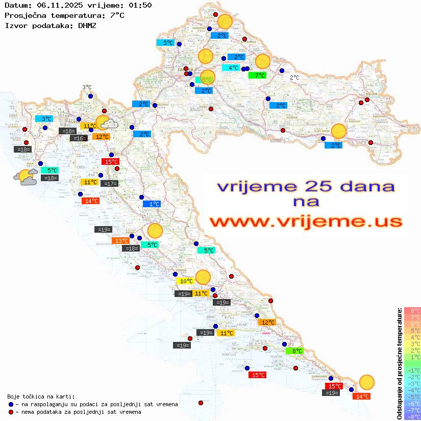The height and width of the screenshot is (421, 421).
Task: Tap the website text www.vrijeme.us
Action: [305, 221]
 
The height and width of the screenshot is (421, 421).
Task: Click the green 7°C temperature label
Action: [257, 76]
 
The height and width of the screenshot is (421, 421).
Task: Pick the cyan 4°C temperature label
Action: [231, 68]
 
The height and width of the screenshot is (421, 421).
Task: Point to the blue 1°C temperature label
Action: [152, 204]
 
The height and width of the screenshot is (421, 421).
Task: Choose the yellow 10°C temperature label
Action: [185, 281]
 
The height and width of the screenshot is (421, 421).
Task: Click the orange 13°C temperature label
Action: [121, 241]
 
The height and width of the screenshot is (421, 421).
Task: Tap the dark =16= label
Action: [78, 138]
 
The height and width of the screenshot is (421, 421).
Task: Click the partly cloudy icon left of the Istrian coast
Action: [26, 177]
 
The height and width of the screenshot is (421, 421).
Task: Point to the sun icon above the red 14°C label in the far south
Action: [366, 382]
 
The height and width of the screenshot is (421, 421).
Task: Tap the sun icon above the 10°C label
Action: [203, 277]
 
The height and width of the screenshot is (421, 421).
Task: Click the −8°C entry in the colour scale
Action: [412, 416]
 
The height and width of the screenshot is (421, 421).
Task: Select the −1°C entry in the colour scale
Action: [412, 370]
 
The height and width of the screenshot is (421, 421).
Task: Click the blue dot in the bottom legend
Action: [11, 404]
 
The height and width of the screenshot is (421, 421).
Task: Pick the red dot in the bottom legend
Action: [11, 412]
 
